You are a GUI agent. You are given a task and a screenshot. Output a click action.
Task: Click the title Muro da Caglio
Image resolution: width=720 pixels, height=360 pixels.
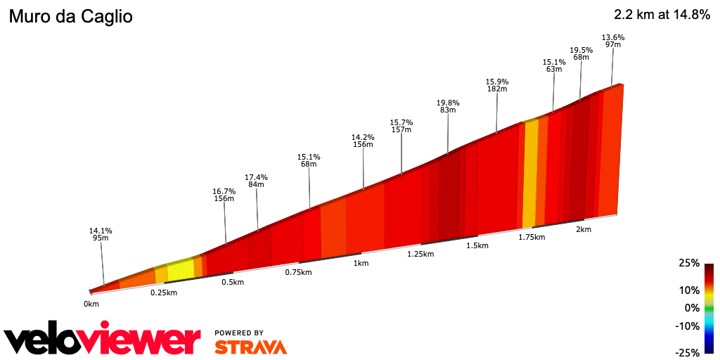click(70, 16)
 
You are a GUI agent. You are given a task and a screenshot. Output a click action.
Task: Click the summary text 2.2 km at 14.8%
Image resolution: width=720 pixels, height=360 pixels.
click(662, 15)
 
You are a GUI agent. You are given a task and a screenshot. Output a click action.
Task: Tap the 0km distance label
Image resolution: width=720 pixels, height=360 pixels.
click(91, 304)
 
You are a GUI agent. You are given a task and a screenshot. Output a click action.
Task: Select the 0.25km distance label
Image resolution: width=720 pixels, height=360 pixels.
click(163, 292)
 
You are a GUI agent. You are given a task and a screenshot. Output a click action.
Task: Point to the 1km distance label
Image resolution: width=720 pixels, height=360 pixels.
click(361, 263)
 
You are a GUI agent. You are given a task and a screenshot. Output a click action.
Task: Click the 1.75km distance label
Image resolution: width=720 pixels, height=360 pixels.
click(532, 237)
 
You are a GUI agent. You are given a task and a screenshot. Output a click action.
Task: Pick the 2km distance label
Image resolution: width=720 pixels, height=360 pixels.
click(583, 229)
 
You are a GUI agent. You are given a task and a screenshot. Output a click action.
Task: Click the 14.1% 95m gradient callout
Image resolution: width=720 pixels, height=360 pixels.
click(101, 234)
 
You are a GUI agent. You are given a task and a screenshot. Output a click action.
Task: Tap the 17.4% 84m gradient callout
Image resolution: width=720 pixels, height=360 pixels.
click(256, 181)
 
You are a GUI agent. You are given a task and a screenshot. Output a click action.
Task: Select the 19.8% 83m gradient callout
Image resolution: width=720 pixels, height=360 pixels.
click(448, 106)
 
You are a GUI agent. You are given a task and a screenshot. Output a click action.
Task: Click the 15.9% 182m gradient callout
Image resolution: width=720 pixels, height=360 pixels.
click(497, 85)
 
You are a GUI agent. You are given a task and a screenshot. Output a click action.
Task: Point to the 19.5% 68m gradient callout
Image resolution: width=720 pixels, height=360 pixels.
click(581, 53)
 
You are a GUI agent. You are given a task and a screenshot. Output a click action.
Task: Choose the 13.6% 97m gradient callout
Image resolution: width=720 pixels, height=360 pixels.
click(613, 41)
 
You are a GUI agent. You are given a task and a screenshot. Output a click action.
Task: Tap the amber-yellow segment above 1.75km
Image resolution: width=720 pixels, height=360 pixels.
click(530, 174)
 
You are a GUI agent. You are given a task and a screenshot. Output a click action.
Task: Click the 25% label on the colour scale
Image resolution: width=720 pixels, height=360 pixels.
click(690, 263)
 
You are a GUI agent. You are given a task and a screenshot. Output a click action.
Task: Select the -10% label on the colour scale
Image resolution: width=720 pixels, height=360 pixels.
click(688, 326)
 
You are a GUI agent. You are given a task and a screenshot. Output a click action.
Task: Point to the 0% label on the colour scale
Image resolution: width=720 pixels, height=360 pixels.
click(693, 308)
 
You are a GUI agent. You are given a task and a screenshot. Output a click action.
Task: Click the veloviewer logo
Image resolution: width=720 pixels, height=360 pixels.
click(103, 340)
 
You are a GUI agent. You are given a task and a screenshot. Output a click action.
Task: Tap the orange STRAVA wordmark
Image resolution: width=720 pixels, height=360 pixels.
click(250, 347)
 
